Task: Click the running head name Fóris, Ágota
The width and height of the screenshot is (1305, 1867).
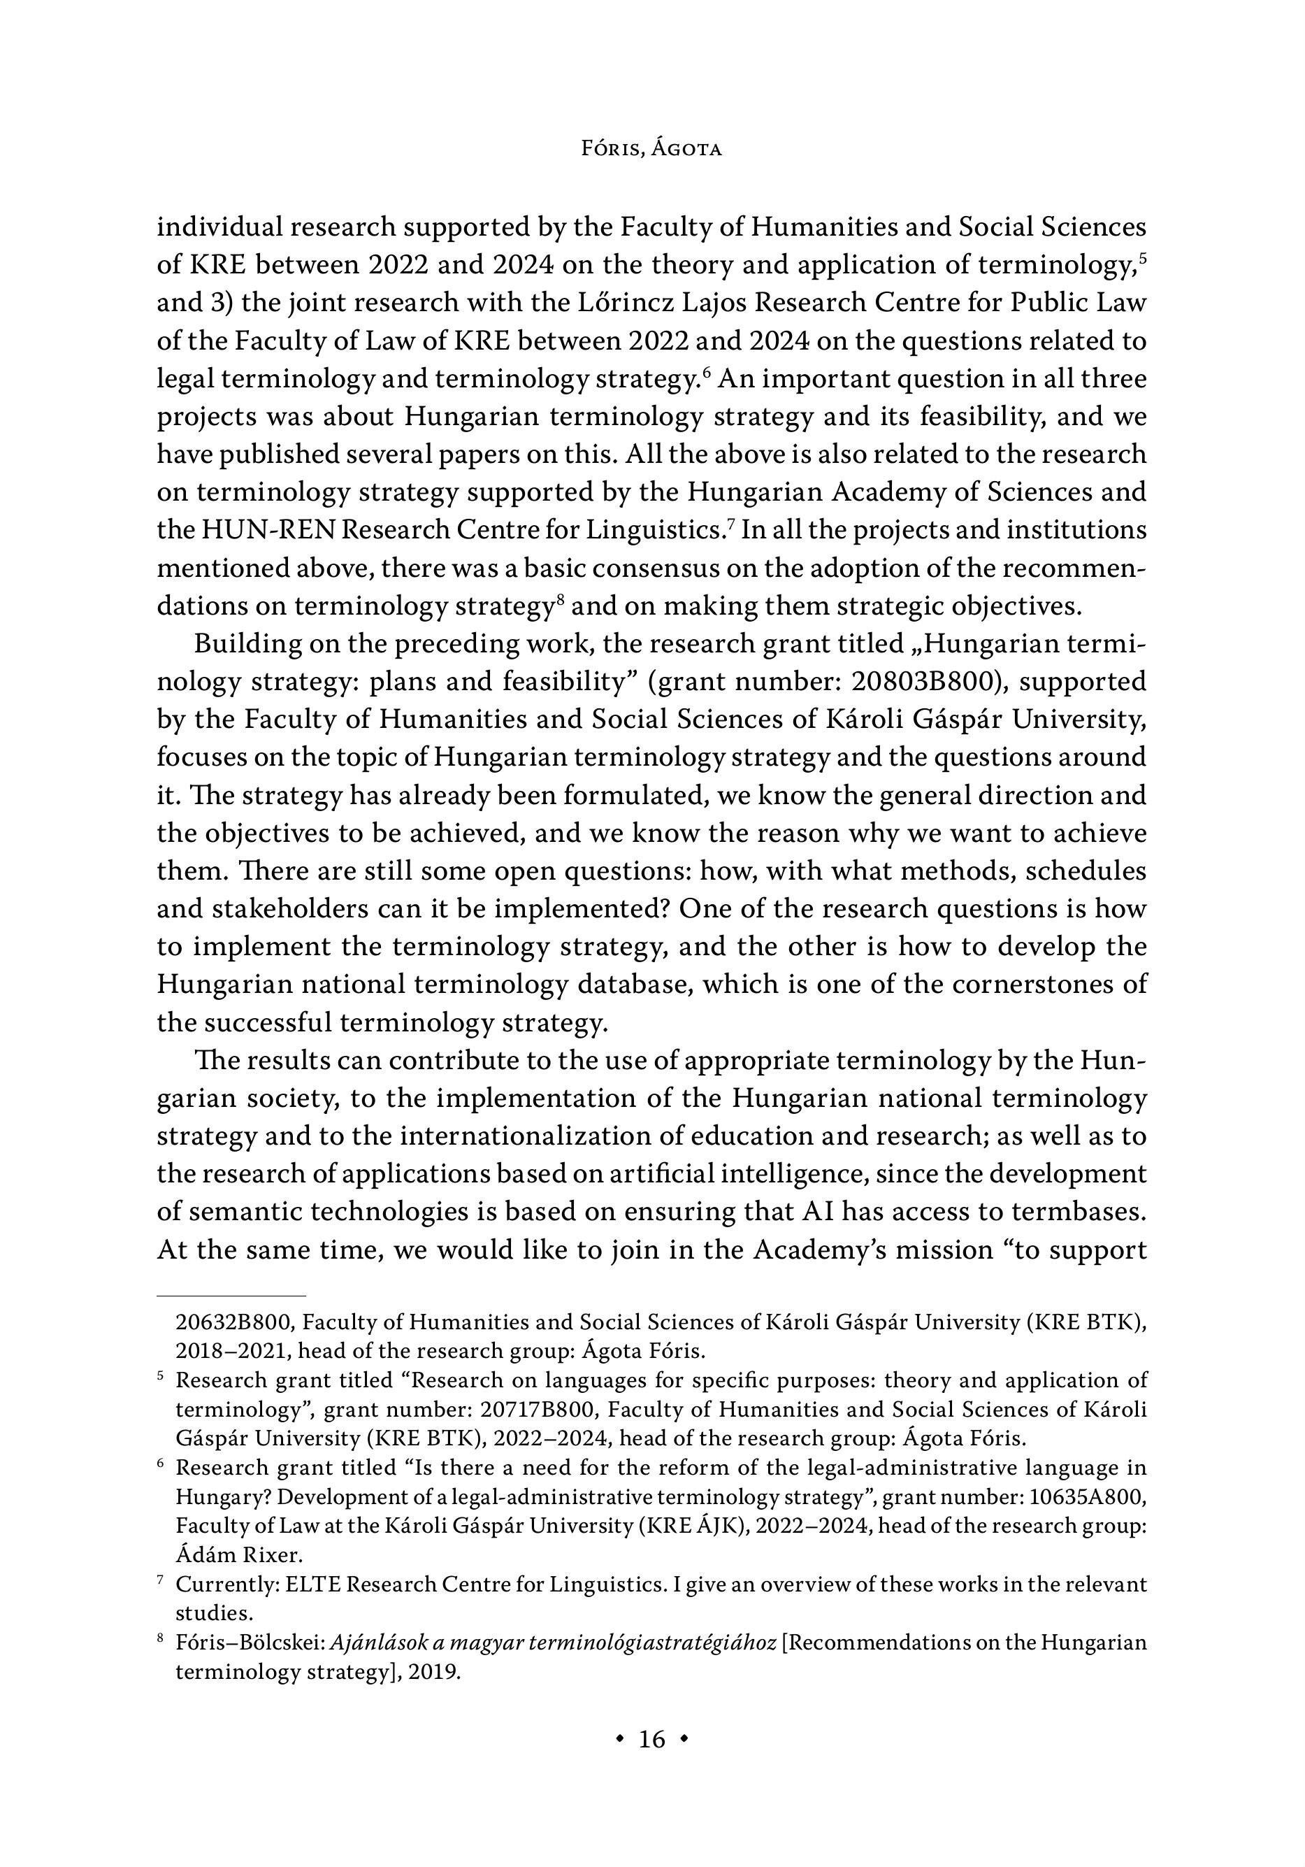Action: [651, 149]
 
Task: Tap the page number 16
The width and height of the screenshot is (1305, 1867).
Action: [652, 1738]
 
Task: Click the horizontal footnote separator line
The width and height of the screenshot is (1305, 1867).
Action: [231, 1294]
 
